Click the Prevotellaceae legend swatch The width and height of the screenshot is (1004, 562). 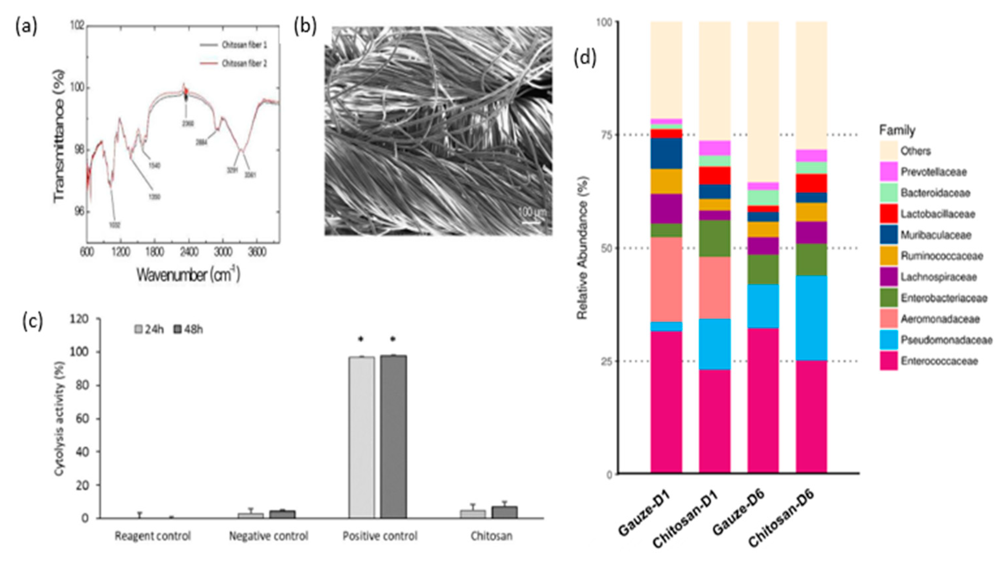click(x=889, y=172)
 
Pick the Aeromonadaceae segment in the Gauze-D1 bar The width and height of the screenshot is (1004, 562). click(x=666, y=279)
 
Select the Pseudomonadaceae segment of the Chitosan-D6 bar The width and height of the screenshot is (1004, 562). click(x=811, y=318)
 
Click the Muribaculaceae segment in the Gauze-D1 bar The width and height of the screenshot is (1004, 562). click(x=666, y=153)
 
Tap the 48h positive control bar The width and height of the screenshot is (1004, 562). click(x=393, y=436)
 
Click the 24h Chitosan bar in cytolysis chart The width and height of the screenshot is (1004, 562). click(x=473, y=514)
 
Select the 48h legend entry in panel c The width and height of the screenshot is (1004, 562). click(x=189, y=329)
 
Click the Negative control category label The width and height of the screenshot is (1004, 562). click(x=268, y=536)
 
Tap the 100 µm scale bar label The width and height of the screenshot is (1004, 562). click(x=532, y=213)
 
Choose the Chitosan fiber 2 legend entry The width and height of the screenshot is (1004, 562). click(x=244, y=64)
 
